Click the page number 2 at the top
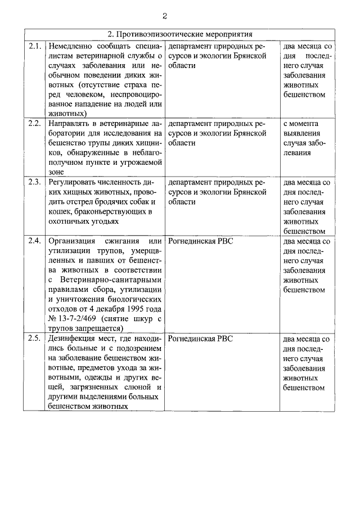pos(180,16)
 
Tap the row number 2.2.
pos(35,123)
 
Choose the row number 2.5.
pos(35,338)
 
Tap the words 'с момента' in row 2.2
pos(301,123)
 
